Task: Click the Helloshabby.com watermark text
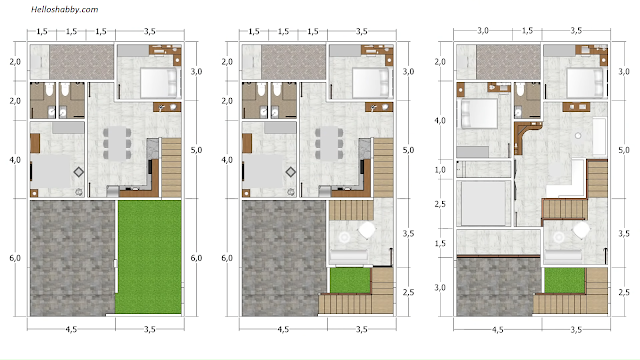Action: pyautogui.click(x=64, y=9)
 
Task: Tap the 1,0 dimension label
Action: pyautogui.click(x=440, y=170)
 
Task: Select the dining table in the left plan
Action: pyautogui.click(x=117, y=143)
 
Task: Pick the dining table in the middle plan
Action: pyautogui.click(x=329, y=143)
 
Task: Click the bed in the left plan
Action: pyautogui.click(x=159, y=82)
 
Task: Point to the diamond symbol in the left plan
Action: pyautogui.click(x=79, y=172)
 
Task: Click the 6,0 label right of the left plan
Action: pyautogui.click(x=196, y=258)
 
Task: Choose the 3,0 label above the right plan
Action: pyautogui.click(x=483, y=31)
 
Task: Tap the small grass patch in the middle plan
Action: pyautogui.click(x=350, y=280)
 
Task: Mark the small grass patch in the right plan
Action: pyautogui.click(x=564, y=280)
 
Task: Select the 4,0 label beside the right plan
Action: pyautogui.click(x=440, y=121)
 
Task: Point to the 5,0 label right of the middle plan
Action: pyautogui.click(x=408, y=150)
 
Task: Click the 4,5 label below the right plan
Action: pyautogui.click(x=497, y=330)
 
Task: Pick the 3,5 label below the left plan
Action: pyautogui.click(x=150, y=329)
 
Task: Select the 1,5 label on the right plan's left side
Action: pyautogui.click(x=440, y=244)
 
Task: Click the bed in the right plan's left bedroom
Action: pyautogui.click(x=478, y=113)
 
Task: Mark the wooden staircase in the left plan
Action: pyautogui.click(x=171, y=168)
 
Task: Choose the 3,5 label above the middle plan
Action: pyautogui.click(x=362, y=31)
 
